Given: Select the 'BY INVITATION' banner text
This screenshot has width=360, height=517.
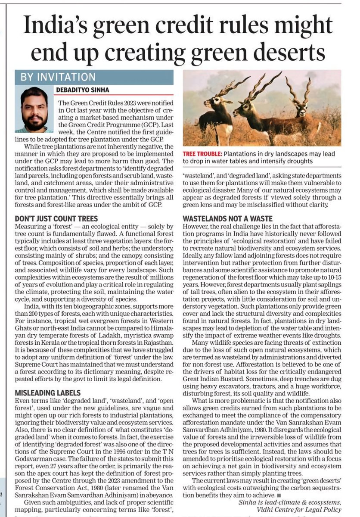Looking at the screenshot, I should pyautogui.click(x=51, y=78).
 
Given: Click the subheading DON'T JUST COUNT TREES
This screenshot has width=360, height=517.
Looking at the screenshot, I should pyautogui.click(x=56, y=218).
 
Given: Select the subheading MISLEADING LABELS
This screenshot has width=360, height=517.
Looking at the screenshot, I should pyautogui.click(x=47, y=393).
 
